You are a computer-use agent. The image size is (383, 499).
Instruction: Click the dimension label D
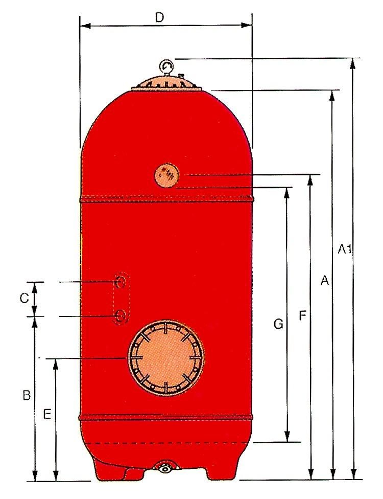click(x=159, y=18)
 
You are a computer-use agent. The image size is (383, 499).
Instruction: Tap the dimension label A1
click(x=345, y=248)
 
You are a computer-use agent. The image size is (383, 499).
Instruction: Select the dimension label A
click(x=324, y=280)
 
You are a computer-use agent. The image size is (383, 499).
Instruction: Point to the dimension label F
click(x=303, y=315)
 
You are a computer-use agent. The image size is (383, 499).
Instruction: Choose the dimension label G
click(x=278, y=324)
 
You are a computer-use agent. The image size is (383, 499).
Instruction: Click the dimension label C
click(x=25, y=298)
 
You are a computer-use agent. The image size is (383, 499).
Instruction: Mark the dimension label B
click(x=27, y=395)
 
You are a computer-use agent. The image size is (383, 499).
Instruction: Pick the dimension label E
click(x=47, y=414)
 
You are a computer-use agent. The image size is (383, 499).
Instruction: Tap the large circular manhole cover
click(x=166, y=358)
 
